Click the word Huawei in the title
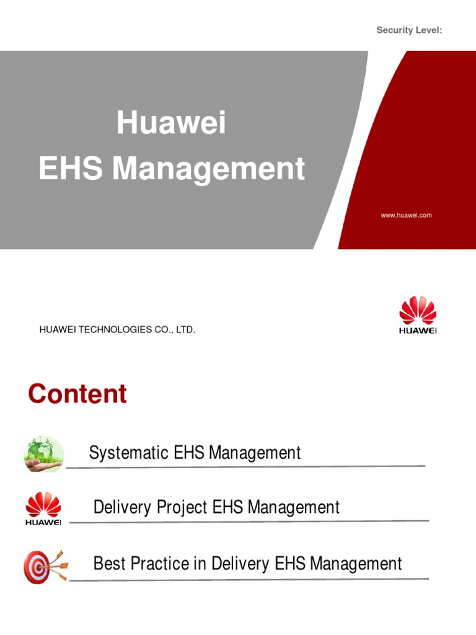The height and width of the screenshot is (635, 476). pyautogui.click(x=172, y=123)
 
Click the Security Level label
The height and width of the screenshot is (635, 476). pyautogui.click(x=409, y=31)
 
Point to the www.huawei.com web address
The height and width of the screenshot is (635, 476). pyautogui.click(x=406, y=215)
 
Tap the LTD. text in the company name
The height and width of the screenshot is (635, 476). pyautogui.click(x=185, y=330)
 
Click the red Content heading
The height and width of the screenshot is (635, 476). pyautogui.click(x=77, y=394)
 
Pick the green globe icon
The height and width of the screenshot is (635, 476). pyautogui.click(x=44, y=454)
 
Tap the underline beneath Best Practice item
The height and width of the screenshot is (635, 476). pyautogui.click(x=248, y=579)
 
